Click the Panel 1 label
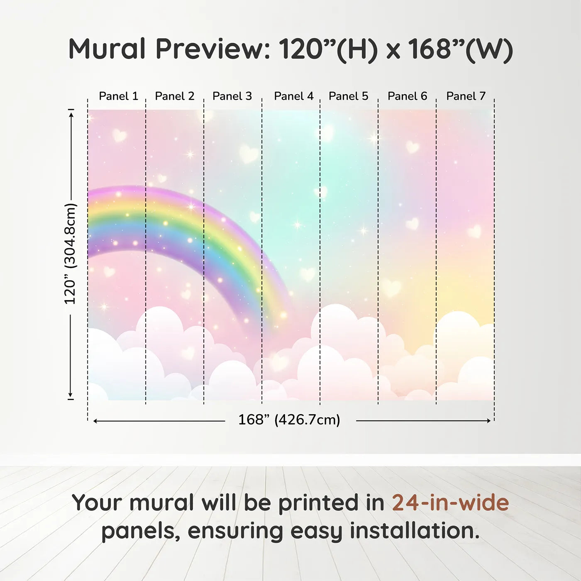click(x=119, y=96)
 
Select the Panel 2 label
click(x=175, y=96)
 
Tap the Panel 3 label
click(x=232, y=96)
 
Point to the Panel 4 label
click(x=294, y=96)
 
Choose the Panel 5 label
click(x=349, y=96)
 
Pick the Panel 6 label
click(x=408, y=96)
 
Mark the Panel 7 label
click(x=466, y=96)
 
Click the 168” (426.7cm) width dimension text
click(x=289, y=420)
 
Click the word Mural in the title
click(x=107, y=49)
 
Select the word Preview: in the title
click(x=212, y=49)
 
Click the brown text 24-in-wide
click(x=450, y=503)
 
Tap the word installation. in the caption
click(x=415, y=530)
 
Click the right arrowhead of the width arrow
click(x=489, y=421)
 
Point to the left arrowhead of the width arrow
click(x=95, y=421)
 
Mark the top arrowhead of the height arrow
click(x=71, y=115)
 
